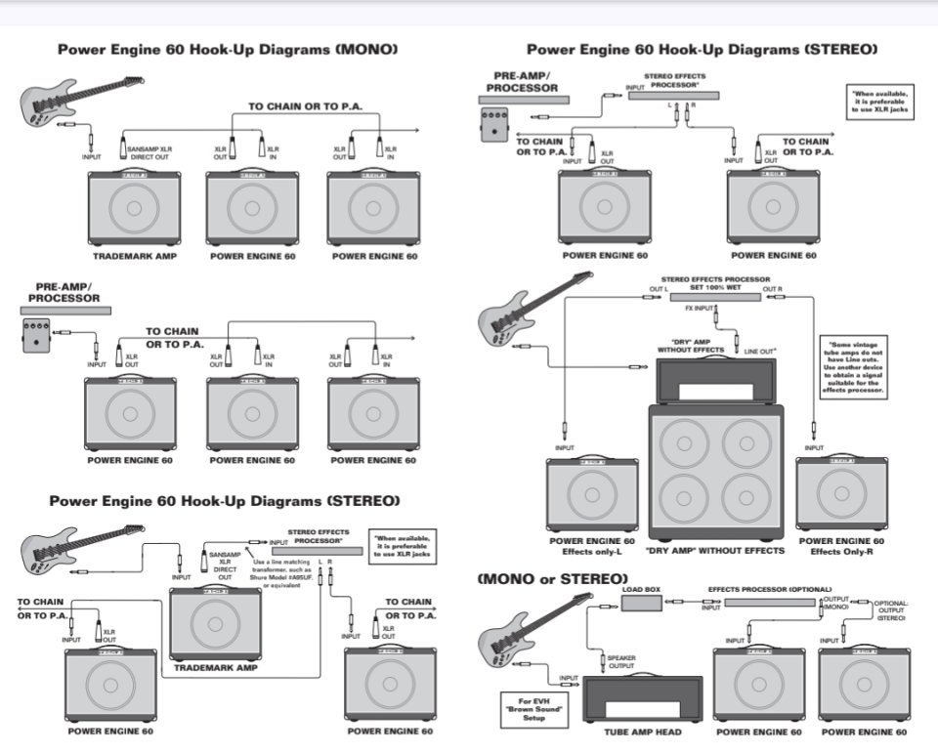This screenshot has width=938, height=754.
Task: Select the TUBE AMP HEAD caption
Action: click(x=642, y=732)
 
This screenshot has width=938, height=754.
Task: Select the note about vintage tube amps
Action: click(x=856, y=367)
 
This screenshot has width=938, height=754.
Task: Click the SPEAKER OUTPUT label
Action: click(x=621, y=662)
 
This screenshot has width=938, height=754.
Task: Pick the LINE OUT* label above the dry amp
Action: click(x=761, y=351)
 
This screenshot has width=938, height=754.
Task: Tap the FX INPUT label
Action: click(x=698, y=308)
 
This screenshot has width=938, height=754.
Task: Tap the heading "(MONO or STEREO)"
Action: click(x=552, y=578)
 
